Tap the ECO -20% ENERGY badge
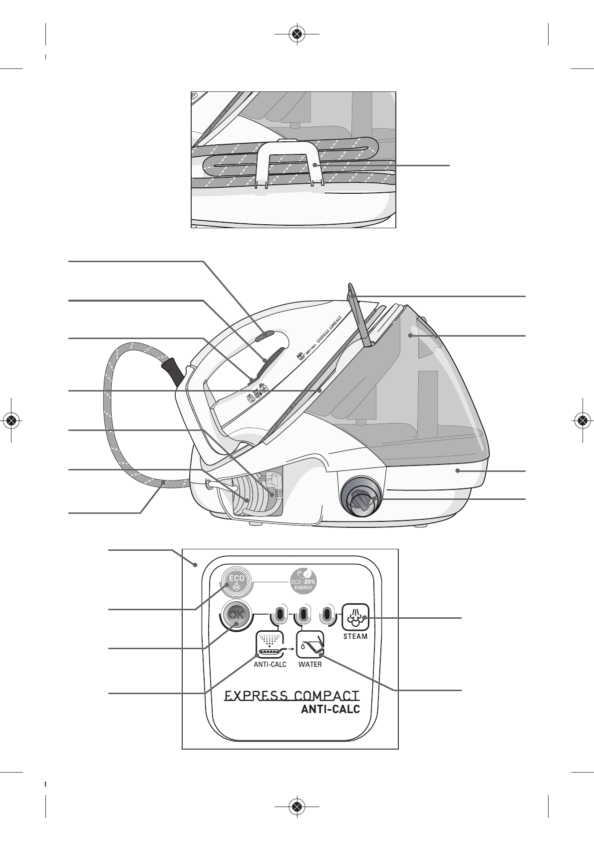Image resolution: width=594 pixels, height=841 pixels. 303,581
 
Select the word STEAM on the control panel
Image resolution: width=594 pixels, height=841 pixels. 355,637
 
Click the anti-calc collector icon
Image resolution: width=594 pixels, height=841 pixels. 270,644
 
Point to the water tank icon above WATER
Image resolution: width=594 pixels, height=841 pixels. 310,644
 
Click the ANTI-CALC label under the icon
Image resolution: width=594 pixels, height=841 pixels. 270,665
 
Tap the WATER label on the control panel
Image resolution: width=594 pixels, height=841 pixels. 310,665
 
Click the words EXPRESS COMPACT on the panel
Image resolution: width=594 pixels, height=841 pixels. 292,696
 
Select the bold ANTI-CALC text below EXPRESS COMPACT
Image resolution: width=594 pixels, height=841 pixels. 330,709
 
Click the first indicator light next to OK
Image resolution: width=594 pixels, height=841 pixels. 280,614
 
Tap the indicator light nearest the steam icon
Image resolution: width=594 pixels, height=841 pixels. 327,614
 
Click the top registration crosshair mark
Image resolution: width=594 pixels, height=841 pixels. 297,34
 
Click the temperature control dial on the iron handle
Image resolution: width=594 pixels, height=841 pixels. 273,360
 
